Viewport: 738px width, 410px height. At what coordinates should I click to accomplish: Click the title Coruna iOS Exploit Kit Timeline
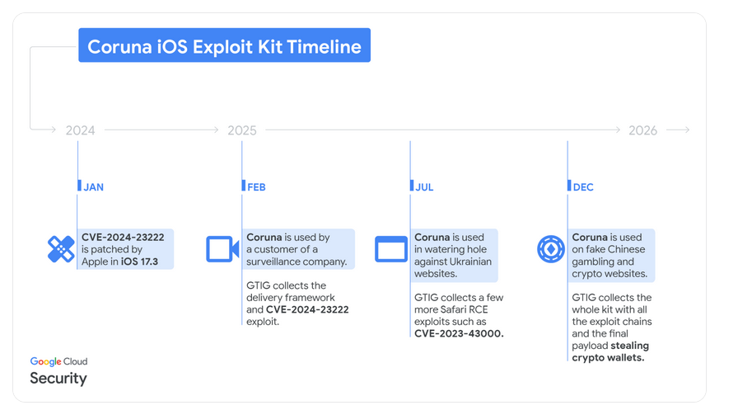click(224, 47)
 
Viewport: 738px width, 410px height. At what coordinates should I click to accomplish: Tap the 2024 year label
click(80, 130)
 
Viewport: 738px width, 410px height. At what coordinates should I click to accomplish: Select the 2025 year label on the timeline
click(242, 130)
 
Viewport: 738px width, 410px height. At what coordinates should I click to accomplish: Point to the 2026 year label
click(642, 130)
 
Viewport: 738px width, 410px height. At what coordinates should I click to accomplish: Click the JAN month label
click(94, 187)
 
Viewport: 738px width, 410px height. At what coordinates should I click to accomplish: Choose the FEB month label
click(256, 187)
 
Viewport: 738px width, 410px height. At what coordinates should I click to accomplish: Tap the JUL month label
click(424, 187)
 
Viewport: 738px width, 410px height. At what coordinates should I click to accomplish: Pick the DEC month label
click(583, 187)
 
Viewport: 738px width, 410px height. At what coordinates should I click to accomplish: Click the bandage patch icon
click(61, 249)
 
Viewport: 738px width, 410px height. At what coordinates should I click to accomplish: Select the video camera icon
click(222, 249)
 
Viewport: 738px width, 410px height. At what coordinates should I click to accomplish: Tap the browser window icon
click(391, 249)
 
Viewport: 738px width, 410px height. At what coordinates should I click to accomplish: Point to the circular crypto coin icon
click(551, 249)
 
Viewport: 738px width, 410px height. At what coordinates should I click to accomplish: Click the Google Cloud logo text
click(58, 361)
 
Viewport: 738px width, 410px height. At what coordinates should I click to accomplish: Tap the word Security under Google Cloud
click(58, 378)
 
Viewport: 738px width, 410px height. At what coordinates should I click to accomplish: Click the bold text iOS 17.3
click(139, 262)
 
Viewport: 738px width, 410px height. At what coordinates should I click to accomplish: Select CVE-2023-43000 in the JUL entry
click(459, 333)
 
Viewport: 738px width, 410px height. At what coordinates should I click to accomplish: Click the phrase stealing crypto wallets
click(610, 351)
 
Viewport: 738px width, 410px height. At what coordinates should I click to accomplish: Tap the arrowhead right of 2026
click(687, 130)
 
